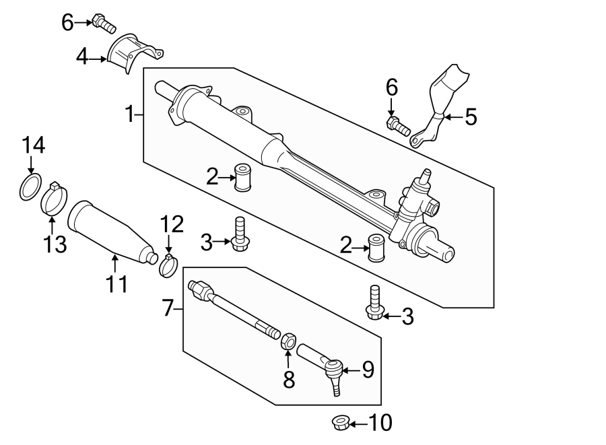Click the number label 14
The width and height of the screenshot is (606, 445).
click(33, 145)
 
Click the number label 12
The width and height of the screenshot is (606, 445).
click(171, 223)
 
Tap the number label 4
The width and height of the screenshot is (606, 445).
click(82, 57)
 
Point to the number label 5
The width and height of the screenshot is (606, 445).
click(471, 117)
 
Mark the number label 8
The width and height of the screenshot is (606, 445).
click(289, 380)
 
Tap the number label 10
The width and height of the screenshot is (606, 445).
click(379, 423)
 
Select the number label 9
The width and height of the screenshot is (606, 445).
click(367, 370)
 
